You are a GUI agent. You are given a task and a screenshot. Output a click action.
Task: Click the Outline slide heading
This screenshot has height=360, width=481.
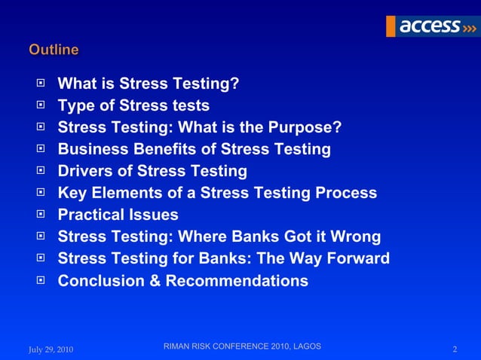click(54, 50)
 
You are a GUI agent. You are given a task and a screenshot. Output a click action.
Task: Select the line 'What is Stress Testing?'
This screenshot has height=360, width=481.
click(149, 84)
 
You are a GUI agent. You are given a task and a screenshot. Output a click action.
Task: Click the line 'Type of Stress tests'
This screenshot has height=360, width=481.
click(133, 105)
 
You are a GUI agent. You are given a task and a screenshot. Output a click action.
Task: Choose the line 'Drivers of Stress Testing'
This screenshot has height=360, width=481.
click(152, 171)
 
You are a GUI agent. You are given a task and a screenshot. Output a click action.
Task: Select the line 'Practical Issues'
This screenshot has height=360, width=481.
click(118, 215)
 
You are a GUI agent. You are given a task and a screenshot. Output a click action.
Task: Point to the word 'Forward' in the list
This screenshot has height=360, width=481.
click(356, 259)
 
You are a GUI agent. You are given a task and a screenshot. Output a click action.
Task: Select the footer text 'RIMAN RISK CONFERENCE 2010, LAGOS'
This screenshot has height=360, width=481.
click(242, 346)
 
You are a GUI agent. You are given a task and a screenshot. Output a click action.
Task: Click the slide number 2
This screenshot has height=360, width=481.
click(455, 349)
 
